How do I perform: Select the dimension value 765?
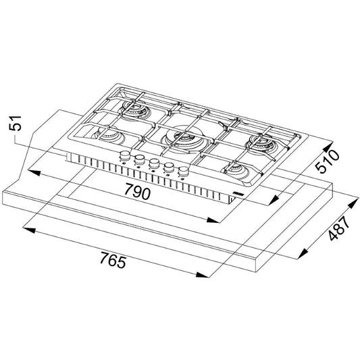113,259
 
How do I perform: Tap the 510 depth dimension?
327,161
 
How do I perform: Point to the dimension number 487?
338,228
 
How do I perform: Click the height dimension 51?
15,123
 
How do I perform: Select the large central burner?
182,138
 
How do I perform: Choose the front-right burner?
237,171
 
